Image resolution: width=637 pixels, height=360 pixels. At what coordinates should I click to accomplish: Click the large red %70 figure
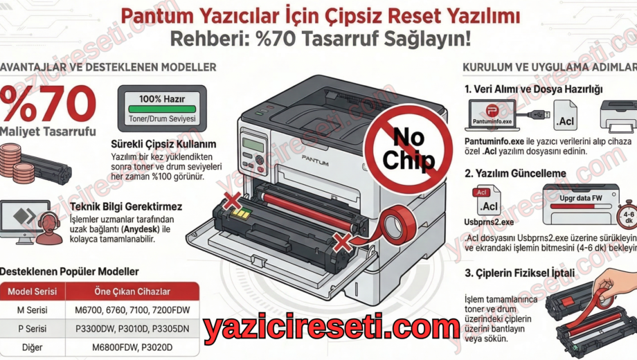(x=48, y=104)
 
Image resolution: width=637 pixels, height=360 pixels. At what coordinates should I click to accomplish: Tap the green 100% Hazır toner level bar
(x=162, y=109)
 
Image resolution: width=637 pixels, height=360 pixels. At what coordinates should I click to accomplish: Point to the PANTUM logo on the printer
(x=315, y=158)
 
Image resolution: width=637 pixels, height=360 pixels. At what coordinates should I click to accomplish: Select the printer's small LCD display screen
(x=254, y=145)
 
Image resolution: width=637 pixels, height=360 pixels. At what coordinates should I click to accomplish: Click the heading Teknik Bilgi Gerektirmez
(x=131, y=206)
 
